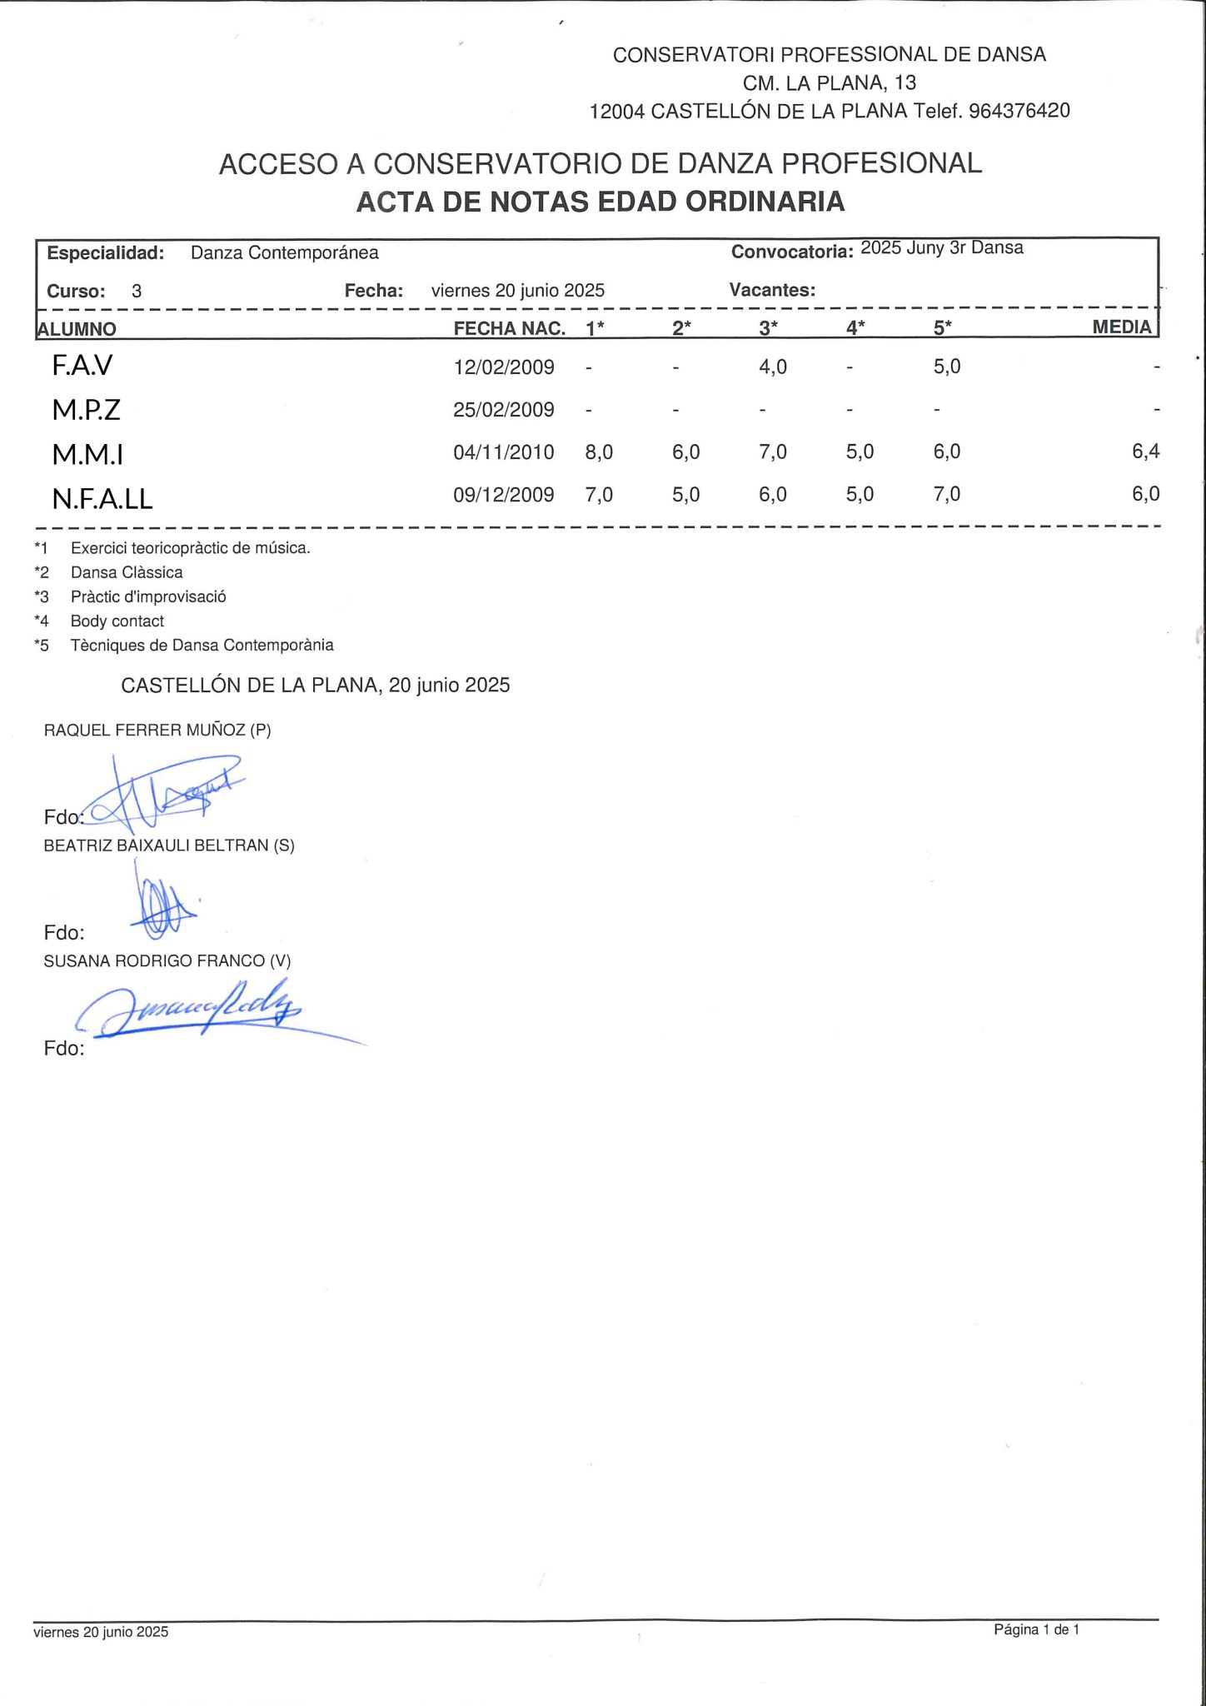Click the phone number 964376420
pos(1019,111)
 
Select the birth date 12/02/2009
pos(503,367)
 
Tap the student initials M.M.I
pos(87,454)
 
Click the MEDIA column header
pos(1121,327)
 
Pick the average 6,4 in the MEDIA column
pos(1145,451)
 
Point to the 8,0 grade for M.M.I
pos(599,451)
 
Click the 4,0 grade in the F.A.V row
pos(772,367)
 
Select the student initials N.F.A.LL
pos(102,498)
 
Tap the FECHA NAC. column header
pos(509,328)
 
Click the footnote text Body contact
pos(117,621)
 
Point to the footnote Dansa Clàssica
pos(127,572)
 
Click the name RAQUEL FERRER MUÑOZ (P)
pos(157,730)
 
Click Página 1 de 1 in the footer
pos(1036,1629)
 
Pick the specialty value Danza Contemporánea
pos(284,252)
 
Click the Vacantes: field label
pos(772,290)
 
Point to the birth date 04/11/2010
pos(503,452)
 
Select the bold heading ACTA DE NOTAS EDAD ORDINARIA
pos(600,202)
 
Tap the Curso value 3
pos(137,291)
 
